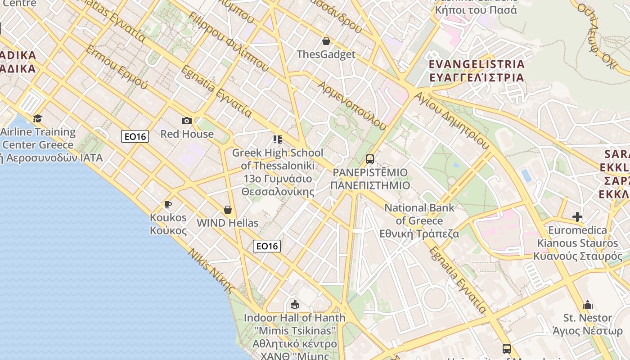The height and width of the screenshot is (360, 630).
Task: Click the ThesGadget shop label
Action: [x=326, y=54]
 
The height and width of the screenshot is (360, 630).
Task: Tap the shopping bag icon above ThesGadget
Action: [x=326, y=41]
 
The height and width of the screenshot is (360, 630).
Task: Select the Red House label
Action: [x=187, y=134]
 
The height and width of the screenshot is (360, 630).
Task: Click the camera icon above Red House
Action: [x=186, y=121]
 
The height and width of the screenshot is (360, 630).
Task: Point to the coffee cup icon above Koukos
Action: [x=168, y=205]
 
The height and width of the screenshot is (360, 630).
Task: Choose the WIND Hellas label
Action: [x=228, y=223]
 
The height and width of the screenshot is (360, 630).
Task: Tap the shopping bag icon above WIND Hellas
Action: [x=228, y=210]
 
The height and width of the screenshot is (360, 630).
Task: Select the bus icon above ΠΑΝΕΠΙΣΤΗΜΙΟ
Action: [x=369, y=159]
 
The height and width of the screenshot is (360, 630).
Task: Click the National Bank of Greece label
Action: [x=419, y=220]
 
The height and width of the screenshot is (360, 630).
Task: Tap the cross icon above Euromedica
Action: [x=577, y=217]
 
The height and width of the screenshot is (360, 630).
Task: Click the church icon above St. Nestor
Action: [x=588, y=305]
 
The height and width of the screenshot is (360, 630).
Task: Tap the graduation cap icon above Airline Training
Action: [x=37, y=119]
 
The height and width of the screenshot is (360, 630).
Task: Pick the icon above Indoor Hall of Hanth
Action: [x=295, y=305]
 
